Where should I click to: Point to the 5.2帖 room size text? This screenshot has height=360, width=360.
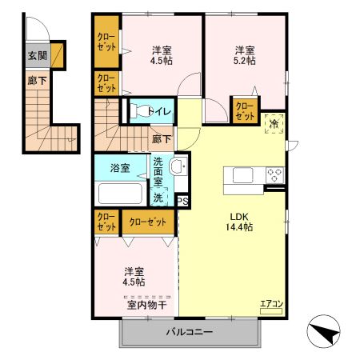pyautogui.click(x=246, y=61)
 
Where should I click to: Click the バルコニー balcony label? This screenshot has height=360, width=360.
pyautogui.click(x=190, y=332)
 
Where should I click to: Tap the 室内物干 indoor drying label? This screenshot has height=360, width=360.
pyautogui.click(x=146, y=305)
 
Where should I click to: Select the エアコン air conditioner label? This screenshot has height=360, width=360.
pyautogui.click(x=271, y=304)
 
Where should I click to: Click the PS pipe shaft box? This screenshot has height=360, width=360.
pyautogui.click(x=182, y=201)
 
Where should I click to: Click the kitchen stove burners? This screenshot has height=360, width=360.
pyautogui.click(x=274, y=174)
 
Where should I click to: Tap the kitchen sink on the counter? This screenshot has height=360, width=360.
pyautogui.click(x=241, y=174)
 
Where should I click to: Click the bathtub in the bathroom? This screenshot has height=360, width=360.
pyautogui.click(x=120, y=194)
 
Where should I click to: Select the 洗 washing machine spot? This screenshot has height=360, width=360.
pyautogui.click(x=159, y=196)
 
